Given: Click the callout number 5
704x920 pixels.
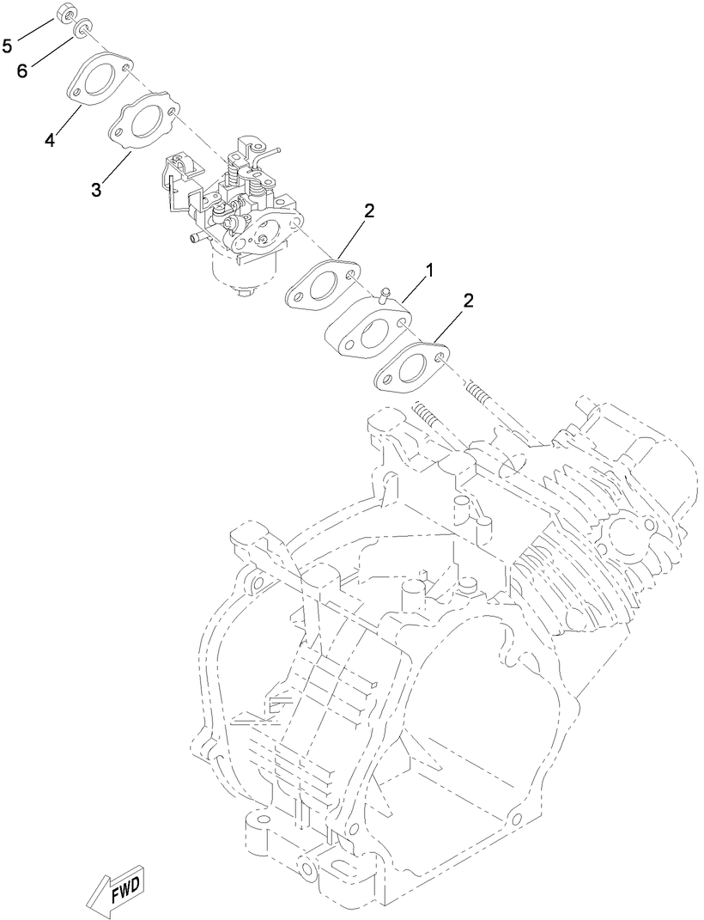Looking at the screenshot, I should point(7,45).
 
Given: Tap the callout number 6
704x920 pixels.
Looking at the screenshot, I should point(23,70).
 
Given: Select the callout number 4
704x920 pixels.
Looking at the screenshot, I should point(50,140).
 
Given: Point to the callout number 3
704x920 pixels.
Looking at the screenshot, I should point(97,189).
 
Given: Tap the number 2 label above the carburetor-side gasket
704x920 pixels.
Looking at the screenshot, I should point(369,211).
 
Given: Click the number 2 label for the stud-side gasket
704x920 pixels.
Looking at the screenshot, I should point(469,301).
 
